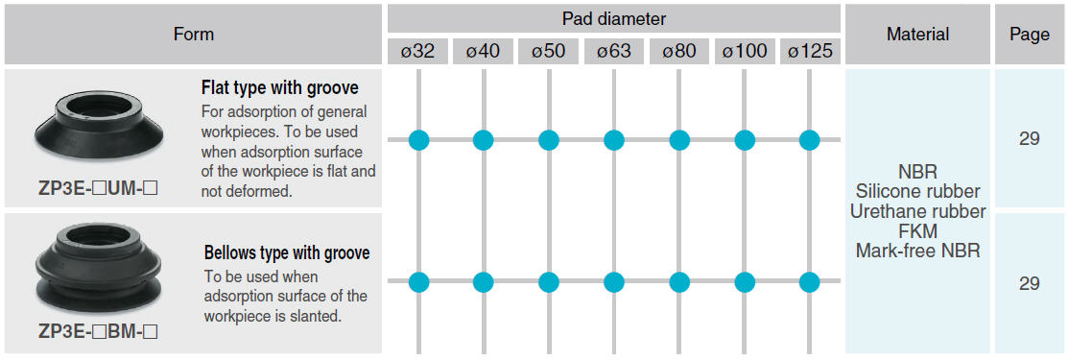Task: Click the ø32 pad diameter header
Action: point(418,52)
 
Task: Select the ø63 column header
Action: point(614,52)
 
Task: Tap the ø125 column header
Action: point(809,52)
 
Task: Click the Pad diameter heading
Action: point(613,18)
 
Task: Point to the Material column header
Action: point(917,35)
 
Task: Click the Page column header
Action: point(1029,35)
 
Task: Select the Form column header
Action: point(194,35)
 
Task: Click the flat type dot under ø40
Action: point(484,140)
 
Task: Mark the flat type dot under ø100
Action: point(745,140)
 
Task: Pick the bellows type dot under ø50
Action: point(549,281)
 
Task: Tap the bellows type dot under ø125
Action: point(809,281)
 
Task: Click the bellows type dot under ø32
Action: point(418,281)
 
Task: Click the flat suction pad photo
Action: point(98,124)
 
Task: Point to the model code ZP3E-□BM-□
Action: point(98,332)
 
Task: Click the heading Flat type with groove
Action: point(279,88)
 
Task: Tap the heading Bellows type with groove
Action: point(287,252)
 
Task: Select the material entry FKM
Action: point(917,230)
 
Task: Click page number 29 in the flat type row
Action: point(1030,139)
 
